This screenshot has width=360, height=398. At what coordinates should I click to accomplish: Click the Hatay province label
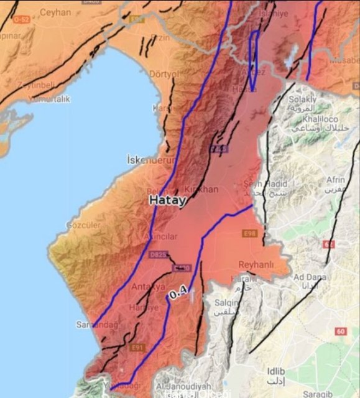coord(166,200)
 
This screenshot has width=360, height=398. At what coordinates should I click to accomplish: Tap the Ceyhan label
coord(56,12)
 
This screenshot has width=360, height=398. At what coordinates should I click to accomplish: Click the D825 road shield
coord(158,254)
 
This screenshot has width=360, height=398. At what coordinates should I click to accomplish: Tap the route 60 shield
coord(340,331)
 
